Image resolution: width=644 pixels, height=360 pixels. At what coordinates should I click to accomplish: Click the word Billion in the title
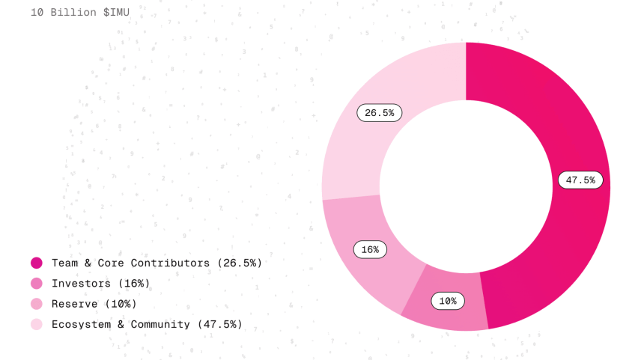click(x=73, y=13)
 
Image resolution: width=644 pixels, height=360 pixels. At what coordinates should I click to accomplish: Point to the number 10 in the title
click(x=37, y=13)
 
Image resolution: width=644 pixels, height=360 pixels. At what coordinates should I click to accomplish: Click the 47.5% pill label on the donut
click(x=580, y=180)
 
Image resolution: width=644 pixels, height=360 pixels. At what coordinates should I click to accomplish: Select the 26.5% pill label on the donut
click(x=380, y=113)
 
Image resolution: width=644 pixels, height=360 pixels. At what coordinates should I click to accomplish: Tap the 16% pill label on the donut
click(x=370, y=249)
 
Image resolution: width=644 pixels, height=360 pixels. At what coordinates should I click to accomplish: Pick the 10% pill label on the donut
click(x=448, y=301)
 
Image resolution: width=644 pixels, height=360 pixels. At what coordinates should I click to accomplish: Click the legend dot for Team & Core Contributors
click(x=37, y=263)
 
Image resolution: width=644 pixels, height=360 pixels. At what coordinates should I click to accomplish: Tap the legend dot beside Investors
click(x=37, y=284)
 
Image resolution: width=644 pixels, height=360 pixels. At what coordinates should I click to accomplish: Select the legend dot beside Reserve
click(x=37, y=304)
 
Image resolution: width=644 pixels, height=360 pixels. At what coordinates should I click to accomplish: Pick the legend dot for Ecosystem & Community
click(x=37, y=324)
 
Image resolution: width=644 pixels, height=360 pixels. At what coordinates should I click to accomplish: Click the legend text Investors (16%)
click(x=100, y=284)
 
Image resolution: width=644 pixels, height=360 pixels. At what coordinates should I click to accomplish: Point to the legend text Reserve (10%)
click(x=94, y=304)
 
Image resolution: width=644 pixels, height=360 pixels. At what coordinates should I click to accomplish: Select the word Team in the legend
click(x=64, y=263)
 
